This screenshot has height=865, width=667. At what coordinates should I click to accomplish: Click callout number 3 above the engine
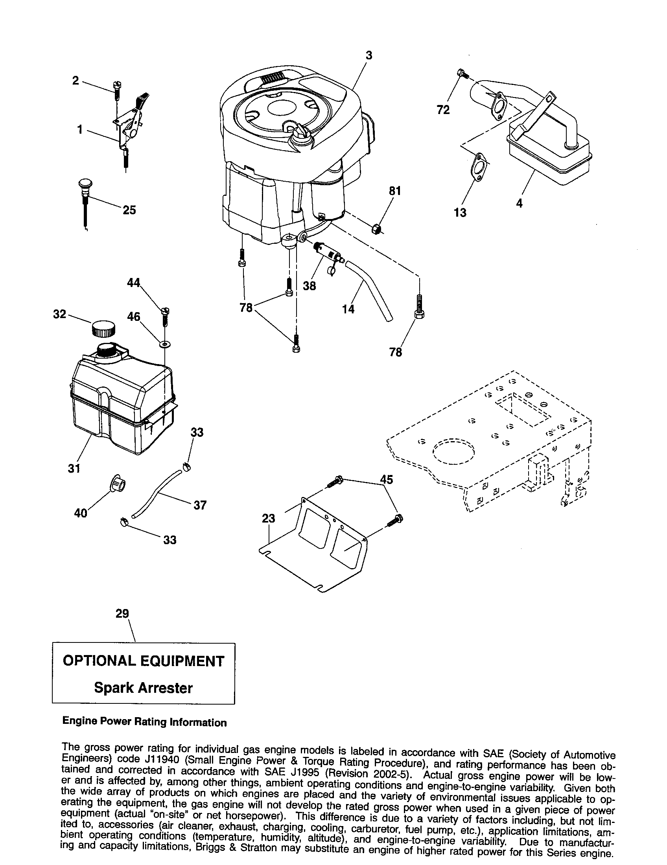click(369, 55)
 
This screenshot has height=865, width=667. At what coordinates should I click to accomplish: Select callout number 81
click(395, 191)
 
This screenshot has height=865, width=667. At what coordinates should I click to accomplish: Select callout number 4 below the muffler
click(519, 203)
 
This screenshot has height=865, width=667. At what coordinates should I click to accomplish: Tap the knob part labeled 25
click(85, 185)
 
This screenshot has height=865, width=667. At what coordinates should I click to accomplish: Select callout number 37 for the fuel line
click(200, 505)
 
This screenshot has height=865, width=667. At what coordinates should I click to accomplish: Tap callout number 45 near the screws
click(386, 479)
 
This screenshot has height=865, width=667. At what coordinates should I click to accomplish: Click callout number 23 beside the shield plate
click(268, 518)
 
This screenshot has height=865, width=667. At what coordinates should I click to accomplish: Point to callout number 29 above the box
click(122, 613)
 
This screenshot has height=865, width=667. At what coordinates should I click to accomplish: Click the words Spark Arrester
click(144, 688)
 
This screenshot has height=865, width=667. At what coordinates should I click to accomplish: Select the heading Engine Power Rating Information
click(145, 722)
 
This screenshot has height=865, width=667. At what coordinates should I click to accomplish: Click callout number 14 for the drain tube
click(348, 309)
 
